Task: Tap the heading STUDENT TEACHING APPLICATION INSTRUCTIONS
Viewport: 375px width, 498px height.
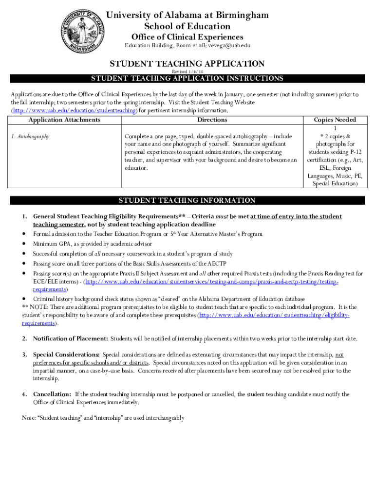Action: coord(187,78)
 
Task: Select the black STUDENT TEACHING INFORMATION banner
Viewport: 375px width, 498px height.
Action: coord(187,200)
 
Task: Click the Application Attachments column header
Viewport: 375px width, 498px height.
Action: coord(64,120)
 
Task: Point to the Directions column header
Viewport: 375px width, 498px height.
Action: coord(212,120)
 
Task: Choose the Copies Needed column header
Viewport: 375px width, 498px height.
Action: coord(335,120)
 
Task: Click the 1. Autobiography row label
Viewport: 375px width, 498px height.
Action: coord(30,137)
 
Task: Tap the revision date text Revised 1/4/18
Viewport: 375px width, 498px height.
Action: coord(187,71)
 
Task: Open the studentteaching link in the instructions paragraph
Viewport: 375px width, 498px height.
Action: coord(73,110)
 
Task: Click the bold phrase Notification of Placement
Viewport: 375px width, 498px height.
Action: coord(71,338)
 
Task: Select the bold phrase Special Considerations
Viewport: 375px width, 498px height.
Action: coord(67,355)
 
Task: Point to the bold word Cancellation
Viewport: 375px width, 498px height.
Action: coord(52,394)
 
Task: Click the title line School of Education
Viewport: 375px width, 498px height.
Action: coord(187,26)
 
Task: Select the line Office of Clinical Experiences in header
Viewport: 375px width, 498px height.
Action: coord(187,37)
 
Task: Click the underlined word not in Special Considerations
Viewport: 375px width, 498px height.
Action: coord(339,355)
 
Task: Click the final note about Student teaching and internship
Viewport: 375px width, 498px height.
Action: coord(103,418)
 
